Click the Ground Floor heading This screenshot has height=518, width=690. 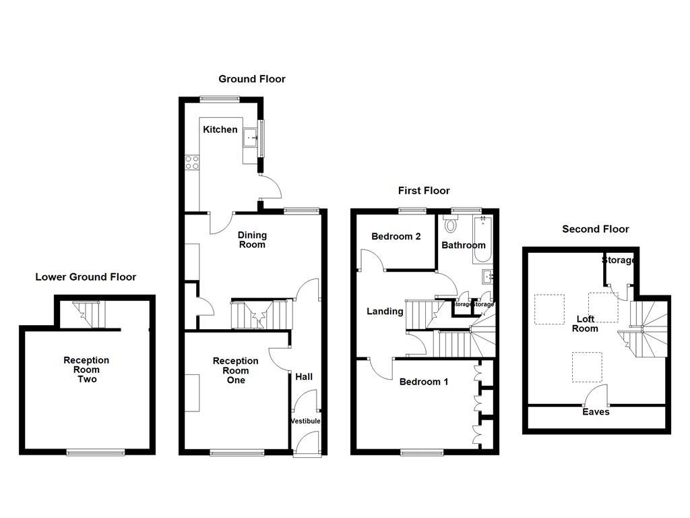pos(252,79)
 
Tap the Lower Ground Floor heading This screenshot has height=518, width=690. pos(86,277)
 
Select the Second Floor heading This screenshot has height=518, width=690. pos(596,229)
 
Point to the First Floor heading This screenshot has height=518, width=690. pos(424,191)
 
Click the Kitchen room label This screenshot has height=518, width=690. pos(220,129)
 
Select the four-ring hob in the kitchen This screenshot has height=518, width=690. pos(191,162)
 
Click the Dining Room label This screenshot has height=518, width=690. pos(252,239)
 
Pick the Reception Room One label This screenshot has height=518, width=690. pos(235,370)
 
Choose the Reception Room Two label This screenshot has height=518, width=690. pos(86,370)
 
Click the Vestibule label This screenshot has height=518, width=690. pos(305,422)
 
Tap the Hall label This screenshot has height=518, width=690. pos(305,376)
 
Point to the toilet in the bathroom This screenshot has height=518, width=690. pos(451,224)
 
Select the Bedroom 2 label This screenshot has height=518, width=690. pos(396,237)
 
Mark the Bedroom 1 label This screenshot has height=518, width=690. pos(424,382)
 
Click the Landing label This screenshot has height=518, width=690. pos(385,311)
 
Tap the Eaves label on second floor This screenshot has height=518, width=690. pos(596,411)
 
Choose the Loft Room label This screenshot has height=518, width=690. pos(585,324)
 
